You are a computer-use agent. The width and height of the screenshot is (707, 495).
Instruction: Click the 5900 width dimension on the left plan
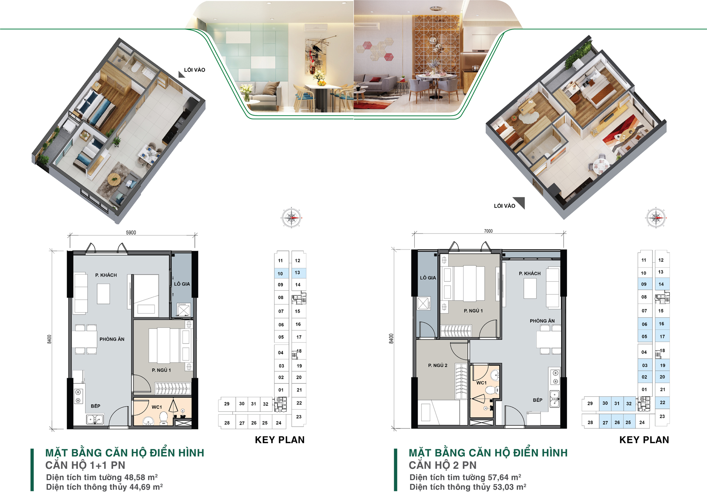(131, 232)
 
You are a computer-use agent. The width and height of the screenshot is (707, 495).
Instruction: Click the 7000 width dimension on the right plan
(488, 231)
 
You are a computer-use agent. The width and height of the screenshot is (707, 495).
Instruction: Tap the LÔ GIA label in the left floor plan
(182, 284)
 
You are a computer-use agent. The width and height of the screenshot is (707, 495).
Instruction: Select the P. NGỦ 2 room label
(438, 365)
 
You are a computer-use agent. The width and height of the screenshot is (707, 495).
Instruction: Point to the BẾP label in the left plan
(95, 406)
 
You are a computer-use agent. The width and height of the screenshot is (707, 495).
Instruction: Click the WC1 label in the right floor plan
(481, 383)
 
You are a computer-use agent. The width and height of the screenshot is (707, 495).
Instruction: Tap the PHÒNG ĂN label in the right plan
(542, 321)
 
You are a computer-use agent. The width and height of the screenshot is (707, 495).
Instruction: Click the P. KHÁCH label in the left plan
(106, 275)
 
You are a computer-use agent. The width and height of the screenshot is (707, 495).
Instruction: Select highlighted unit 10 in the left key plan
(280, 273)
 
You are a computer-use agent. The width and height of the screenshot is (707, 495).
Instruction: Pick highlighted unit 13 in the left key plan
(298, 273)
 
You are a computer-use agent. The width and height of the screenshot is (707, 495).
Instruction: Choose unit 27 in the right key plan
(605, 422)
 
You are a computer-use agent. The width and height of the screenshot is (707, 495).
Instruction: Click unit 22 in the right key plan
(662, 403)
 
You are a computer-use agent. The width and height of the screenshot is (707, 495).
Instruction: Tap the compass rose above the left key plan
(291, 218)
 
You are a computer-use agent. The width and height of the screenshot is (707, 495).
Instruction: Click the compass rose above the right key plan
(656, 218)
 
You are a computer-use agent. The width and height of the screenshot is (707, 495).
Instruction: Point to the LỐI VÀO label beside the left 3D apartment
(194, 70)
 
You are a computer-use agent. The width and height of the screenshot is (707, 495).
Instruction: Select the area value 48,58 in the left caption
(135, 477)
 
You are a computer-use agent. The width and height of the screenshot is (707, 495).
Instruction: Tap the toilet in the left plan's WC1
(163, 418)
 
